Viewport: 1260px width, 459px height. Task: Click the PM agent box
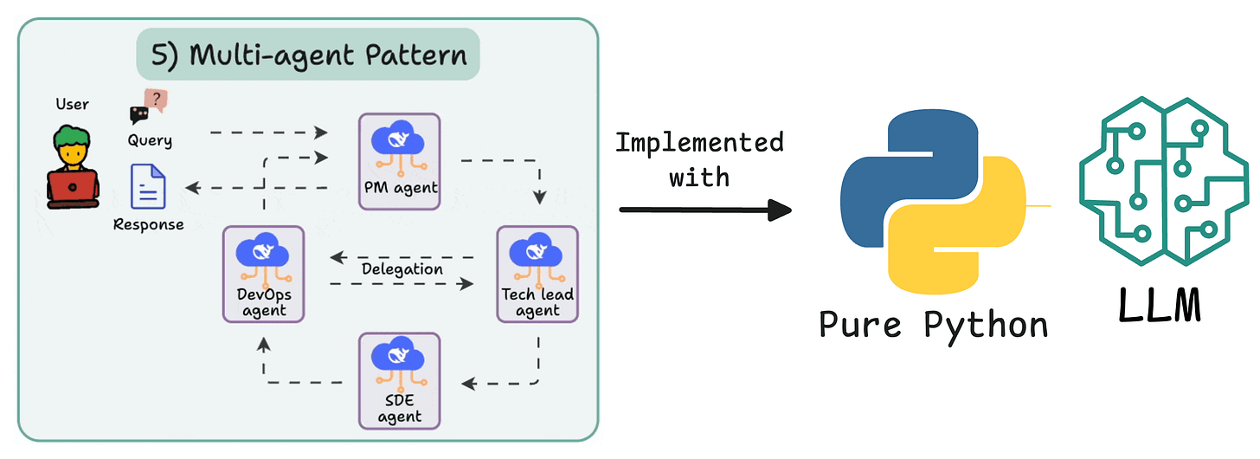400,162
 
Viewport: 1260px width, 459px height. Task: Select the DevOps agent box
263,275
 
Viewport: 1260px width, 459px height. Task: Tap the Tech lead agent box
537,275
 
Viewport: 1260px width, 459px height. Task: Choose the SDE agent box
400,381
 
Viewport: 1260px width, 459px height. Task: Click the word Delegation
402,269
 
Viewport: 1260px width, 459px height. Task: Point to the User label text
72,104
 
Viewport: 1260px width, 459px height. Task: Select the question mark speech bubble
156,100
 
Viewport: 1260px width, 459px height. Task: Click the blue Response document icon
148,186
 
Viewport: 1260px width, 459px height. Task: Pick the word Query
150,140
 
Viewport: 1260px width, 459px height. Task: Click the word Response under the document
149,224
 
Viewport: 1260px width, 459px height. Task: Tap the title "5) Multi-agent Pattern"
308,55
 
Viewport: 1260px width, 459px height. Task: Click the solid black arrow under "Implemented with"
705,210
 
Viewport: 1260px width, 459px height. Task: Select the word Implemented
699,143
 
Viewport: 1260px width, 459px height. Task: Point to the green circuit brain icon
1163,180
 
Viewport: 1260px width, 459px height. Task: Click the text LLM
1160,305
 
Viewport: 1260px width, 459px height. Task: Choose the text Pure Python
933,326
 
